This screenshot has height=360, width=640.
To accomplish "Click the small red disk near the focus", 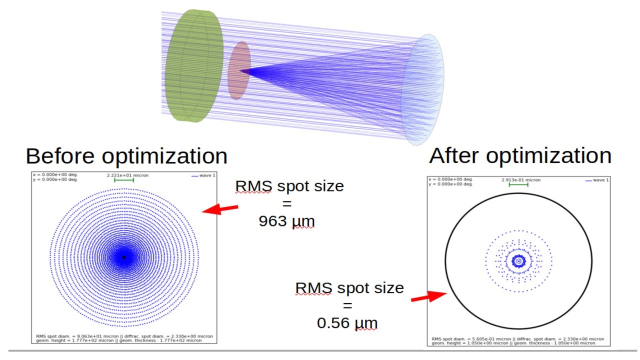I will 239,70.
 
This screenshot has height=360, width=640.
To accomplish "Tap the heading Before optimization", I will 126,156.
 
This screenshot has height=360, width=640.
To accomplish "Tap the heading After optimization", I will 520,156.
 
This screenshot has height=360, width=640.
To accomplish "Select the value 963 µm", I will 287,221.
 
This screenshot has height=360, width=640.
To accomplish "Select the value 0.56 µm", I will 347,323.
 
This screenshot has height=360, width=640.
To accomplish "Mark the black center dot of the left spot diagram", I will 124,257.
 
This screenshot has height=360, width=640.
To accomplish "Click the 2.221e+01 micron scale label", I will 127,175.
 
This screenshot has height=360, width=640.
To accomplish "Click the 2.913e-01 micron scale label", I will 521,179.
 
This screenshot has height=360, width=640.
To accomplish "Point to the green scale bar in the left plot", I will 124,180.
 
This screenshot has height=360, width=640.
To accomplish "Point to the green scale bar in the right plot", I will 518,184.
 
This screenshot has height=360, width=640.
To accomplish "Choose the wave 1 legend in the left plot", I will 202,175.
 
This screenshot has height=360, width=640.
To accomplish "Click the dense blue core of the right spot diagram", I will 518,260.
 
